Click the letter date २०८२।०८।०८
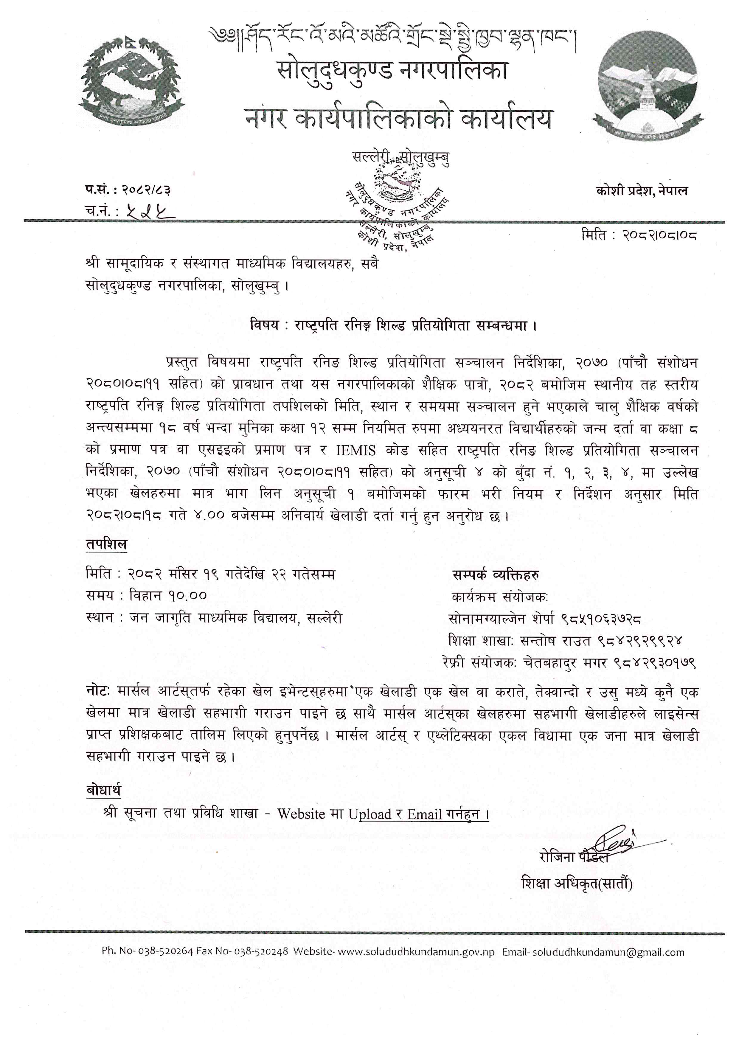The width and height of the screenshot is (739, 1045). (659, 235)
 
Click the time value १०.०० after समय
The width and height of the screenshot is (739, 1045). (187, 596)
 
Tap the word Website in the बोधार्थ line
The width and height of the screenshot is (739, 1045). (301, 814)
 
